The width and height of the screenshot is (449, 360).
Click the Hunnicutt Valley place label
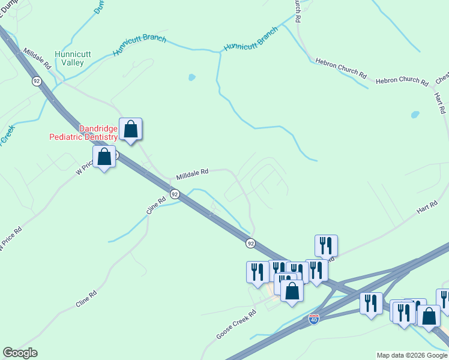coord(73,58)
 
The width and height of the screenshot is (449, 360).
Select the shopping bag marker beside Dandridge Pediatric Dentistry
coord(130,129)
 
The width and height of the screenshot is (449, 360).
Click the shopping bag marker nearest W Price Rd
coord(104,157)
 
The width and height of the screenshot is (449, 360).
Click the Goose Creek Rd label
coord(237,324)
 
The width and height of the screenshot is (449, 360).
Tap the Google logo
coord(20,353)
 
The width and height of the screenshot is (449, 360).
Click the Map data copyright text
coord(412,355)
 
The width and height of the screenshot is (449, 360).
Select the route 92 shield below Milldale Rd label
coord(174,194)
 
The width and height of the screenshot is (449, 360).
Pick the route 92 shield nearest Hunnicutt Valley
coord(37,81)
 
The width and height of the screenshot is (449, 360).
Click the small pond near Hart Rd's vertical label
coord(415,114)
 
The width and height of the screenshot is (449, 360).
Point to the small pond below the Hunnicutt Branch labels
coord(191,77)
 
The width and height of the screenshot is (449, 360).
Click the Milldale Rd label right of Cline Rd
coord(192,175)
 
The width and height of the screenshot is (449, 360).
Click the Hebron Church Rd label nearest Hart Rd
coord(402,80)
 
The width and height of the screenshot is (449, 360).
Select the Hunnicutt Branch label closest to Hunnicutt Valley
coord(139,46)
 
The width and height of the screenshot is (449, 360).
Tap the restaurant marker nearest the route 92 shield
coord(258,271)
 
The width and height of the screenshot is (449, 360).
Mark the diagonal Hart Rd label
coord(427,208)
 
